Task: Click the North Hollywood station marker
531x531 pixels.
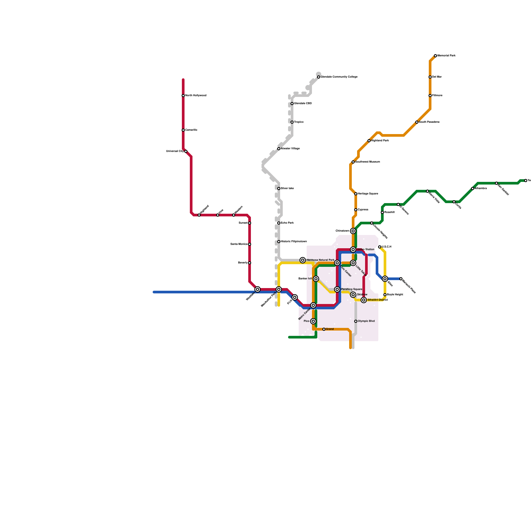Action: click(183, 96)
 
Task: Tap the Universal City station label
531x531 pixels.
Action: click(175, 151)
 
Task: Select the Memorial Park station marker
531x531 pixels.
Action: click(435, 56)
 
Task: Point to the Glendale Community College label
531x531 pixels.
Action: click(339, 77)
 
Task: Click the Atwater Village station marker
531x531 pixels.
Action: click(279, 149)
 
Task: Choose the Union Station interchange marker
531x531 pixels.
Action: click(353, 250)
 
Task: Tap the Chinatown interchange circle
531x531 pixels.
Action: click(353, 231)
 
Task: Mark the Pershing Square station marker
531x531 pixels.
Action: click(337, 289)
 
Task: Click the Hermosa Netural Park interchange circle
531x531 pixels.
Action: click(303, 260)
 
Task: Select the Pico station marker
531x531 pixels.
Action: click(313, 321)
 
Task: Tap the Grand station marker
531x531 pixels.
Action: click(324, 329)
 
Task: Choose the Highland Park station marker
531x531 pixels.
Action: click(369, 141)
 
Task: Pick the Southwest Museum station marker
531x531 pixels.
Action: click(353, 162)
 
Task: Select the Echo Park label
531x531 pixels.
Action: click(287, 223)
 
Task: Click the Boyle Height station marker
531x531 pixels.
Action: click(385, 295)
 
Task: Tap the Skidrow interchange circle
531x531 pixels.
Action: click(353, 295)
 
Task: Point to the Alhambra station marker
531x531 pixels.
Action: click(473, 189)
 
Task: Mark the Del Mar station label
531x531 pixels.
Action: click(437, 77)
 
